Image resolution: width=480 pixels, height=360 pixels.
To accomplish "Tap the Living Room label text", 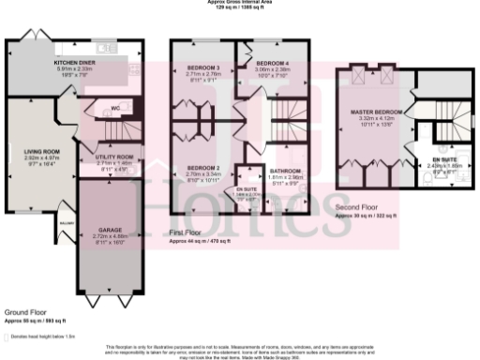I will [x=43, y=152].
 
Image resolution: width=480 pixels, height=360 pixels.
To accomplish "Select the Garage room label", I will [x=111, y=229].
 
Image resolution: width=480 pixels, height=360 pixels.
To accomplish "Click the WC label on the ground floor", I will [x=117, y=107].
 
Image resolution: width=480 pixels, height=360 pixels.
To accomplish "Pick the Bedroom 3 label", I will [x=203, y=68].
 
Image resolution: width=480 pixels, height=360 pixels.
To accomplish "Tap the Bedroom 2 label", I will [x=203, y=166].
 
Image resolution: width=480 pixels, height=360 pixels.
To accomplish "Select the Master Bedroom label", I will [x=368, y=112].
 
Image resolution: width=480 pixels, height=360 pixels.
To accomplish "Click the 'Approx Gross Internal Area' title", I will [x=239, y=3].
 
